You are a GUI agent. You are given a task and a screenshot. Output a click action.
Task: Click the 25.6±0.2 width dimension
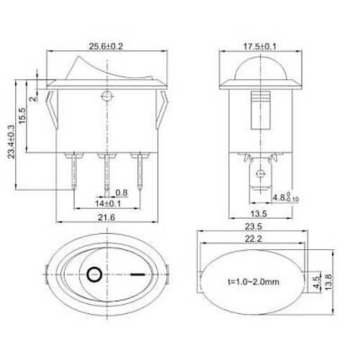(106, 46)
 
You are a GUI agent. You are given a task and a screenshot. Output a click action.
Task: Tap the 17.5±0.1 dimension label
(260, 46)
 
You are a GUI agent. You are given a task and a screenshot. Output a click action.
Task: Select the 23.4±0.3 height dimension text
(12, 142)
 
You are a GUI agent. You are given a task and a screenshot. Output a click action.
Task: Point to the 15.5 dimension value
(22, 116)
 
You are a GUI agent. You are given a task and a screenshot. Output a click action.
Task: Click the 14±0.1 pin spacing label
(108, 204)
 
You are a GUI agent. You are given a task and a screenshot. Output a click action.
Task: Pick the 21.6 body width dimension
(107, 217)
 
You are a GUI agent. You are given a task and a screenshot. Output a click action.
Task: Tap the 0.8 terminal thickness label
(122, 193)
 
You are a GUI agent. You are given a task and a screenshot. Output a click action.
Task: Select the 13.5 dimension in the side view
(258, 213)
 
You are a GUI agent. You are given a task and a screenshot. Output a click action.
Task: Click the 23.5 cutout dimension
(253, 226)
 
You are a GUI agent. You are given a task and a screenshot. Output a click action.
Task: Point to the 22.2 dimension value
(253, 239)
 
